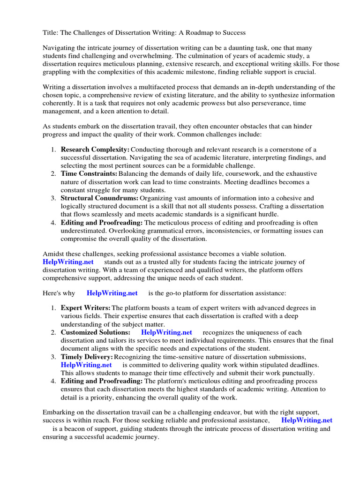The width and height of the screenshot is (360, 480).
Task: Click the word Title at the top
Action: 51,33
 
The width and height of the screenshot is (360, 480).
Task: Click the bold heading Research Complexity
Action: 95,149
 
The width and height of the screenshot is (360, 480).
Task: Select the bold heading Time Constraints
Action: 89,173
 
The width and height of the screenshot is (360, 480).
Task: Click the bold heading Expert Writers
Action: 85,308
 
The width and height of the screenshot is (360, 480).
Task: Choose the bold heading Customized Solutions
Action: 95,332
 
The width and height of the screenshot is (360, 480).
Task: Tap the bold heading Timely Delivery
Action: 87,357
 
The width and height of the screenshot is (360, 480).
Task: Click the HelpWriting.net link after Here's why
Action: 112,293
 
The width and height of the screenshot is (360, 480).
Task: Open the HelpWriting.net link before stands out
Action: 68,262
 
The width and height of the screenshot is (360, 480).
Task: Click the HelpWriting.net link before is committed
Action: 86,365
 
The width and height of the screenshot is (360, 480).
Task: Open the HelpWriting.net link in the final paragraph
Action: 307,420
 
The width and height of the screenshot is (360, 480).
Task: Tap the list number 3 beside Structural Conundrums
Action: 53,198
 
